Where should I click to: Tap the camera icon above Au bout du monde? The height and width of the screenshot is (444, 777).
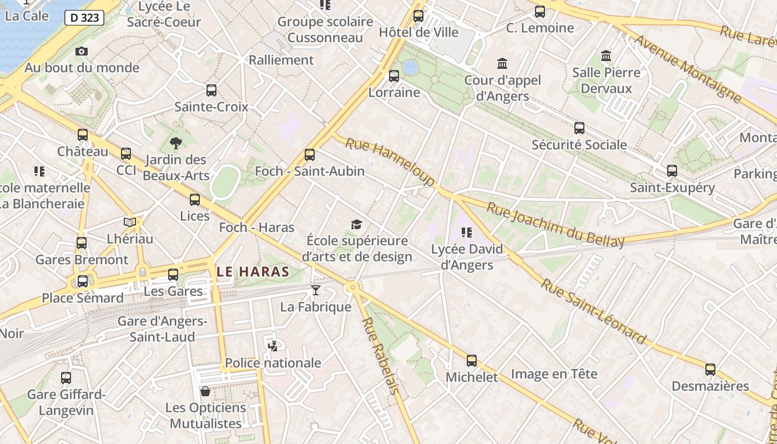pyautogui.click(x=82, y=51)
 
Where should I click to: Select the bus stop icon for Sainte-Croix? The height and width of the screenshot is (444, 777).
pyautogui.click(x=211, y=90)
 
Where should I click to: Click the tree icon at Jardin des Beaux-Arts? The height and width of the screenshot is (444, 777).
pyautogui.click(x=176, y=143)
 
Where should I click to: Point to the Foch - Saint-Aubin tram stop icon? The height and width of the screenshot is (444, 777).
pyautogui.click(x=310, y=155)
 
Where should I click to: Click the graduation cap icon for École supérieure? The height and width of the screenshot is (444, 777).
pyautogui.click(x=356, y=224)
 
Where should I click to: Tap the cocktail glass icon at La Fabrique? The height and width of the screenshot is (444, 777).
pyautogui.click(x=316, y=290)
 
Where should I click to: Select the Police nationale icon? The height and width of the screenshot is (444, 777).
pyautogui.click(x=273, y=346)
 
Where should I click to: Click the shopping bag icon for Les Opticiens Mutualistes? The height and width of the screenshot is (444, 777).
pyautogui.click(x=205, y=391)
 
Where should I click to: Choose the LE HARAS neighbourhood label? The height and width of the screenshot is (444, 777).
pyautogui.click(x=253, y=271)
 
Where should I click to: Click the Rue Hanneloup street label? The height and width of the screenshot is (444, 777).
pyautogui.click(x=390, y=162)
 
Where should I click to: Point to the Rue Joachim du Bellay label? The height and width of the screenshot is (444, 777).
pyautogui.click(x=556, y=224)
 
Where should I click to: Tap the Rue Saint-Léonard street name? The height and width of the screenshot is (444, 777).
pyautogui.click(x=594, y=311)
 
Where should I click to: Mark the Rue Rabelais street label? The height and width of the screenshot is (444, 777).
pyautogui.click(x=381, y=355)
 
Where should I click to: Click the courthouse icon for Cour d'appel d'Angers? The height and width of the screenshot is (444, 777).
pyautogui.click(x=502, y=63)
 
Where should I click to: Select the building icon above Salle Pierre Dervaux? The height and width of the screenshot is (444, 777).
pyautogui.click(x=606, y=56)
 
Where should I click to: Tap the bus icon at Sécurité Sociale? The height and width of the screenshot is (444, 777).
pyautogui.click(x=579, y=128)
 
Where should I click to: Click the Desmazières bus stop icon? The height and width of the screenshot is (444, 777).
pyautogui.click(x=710, y=370)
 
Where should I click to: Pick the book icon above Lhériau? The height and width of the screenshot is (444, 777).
pyautogui.click(x=130, y=222)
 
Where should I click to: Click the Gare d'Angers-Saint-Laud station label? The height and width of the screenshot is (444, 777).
pyautogui.click(x=162, y=329)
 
